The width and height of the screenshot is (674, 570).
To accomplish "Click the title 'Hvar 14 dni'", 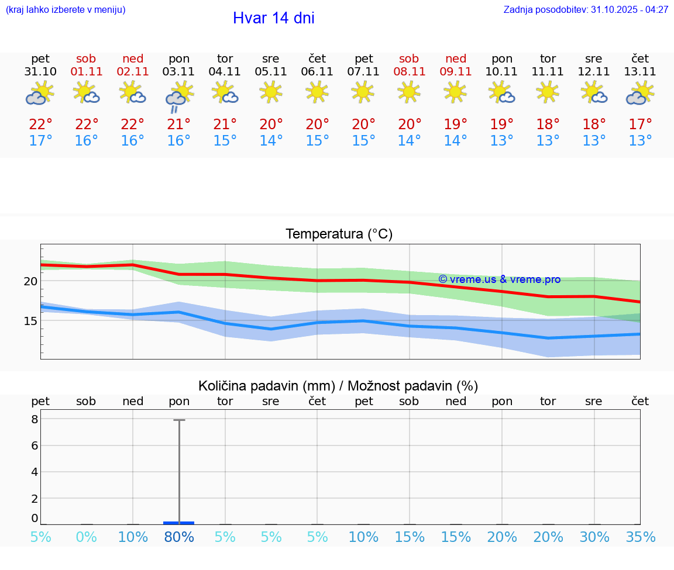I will [x=273, y=18].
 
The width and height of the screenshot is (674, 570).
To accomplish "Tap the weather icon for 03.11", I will [x=179, y=95].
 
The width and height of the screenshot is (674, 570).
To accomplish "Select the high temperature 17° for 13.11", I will [x=640, y=124].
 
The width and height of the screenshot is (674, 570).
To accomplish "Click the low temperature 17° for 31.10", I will [x=40, y=141].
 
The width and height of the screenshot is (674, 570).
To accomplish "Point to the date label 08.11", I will [x=409, y=71].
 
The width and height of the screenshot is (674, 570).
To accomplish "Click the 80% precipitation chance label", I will [x=179, y=537].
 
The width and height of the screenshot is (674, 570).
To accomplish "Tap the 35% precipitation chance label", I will [x=640, y=537].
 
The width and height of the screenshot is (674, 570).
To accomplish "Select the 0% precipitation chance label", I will [x=86, y=537].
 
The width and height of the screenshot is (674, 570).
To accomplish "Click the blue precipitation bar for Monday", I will [x=179, y=523].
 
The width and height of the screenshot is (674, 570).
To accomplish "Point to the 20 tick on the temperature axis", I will [x=30, y=281].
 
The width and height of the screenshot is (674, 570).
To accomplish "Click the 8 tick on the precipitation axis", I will [x=35, y=419].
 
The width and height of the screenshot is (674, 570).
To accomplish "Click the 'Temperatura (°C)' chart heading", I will [x=339, y=234].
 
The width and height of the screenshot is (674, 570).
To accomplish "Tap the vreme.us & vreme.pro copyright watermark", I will [x=499, y=279].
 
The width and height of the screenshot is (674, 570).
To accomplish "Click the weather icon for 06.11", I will [x=317, y=92].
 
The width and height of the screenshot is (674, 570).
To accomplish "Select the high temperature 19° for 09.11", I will [x=455, y=124].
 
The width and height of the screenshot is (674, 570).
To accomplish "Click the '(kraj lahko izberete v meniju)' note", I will [x=66, y=9].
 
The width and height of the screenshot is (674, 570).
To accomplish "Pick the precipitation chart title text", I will [x=338, y=386].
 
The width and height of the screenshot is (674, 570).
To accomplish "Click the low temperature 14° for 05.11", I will [x=271, y=141].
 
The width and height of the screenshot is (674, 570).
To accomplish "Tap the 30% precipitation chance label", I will [x=594, y=537].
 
